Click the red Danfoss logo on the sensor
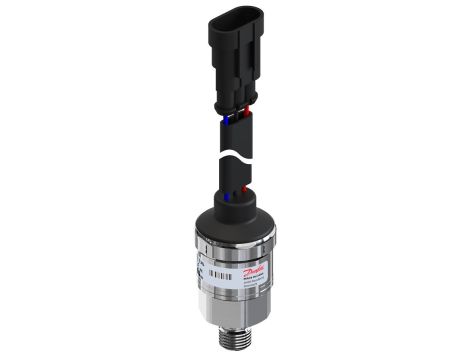click(262, 273)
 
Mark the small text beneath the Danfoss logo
click(262, 286)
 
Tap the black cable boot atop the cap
click(240, 200)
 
